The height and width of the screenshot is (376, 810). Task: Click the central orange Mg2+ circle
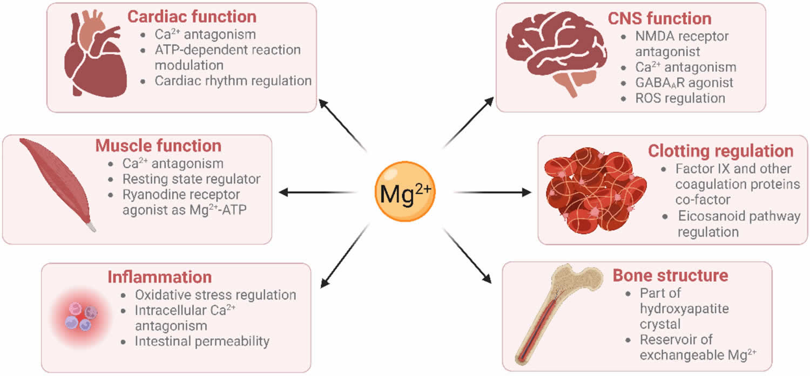click(x=405, y=193)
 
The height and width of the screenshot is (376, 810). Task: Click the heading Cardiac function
click(x=192, y=16)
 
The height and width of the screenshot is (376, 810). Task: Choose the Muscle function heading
click(x=158, y=146)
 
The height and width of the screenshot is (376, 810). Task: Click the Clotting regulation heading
click(x=720, y=151)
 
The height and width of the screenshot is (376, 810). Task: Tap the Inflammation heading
click(x=159, y=277)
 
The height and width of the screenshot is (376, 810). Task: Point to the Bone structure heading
click(x=670, y=276)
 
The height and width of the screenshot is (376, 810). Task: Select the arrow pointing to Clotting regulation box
click(x=491, y=192)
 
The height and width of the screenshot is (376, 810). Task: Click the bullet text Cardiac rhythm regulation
click(x=233, y=81)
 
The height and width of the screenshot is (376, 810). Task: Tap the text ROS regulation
click(x=680, y=98)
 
